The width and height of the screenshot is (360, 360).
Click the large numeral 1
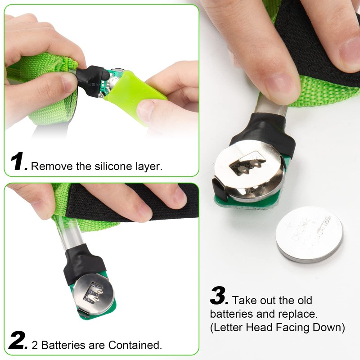pos(19,162)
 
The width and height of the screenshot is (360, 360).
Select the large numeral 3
pos(220,297)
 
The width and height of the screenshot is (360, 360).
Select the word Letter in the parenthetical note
pos(230,328)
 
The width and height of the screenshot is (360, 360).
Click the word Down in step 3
pos(332,328)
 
